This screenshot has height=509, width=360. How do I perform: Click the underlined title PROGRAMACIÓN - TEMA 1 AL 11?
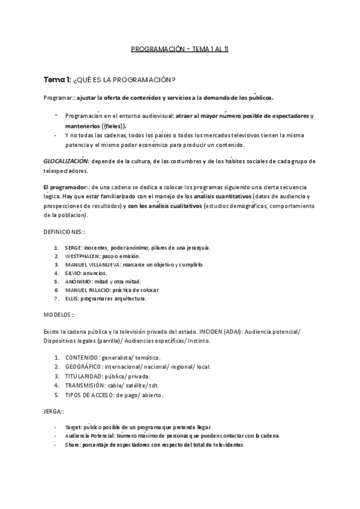coord(179,50)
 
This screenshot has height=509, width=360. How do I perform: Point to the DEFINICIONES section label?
coord(65,231)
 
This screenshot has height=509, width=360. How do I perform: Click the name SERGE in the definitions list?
coord(73,247)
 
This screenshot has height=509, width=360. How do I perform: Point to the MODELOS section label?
coord(59,314)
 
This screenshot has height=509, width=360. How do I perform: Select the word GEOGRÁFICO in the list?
coord(83,367)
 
